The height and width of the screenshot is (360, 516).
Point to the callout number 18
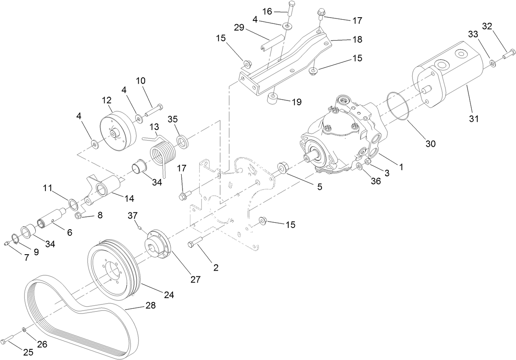357,40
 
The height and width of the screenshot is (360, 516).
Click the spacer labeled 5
283,168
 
